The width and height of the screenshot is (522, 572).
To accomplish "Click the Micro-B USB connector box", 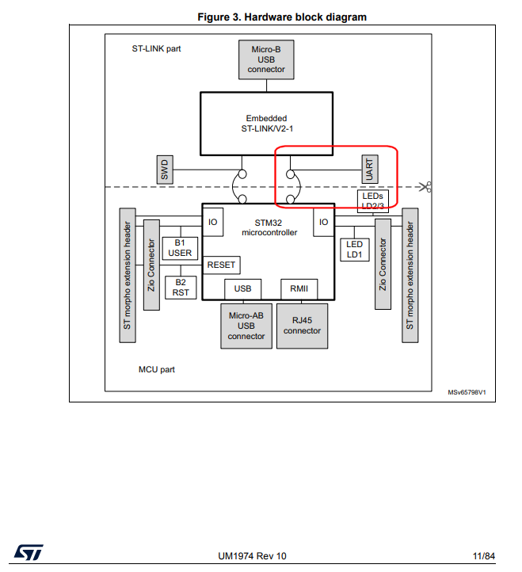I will pos(266,59).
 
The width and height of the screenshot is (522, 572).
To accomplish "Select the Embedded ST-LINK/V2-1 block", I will pos(266,123).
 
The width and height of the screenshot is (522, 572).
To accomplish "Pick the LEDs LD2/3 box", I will pos(372,201).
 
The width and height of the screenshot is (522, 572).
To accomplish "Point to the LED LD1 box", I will pos(354,249).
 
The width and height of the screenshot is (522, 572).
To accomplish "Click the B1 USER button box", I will pos(180,248).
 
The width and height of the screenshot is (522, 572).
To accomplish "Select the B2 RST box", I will pos(180,287).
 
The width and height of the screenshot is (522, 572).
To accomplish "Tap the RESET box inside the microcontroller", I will pos(222,265).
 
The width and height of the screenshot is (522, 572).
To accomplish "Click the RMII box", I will pos(299,289).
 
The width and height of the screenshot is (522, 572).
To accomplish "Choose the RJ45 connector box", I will pos(302,326).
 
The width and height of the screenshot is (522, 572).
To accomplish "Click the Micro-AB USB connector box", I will pos(246,326).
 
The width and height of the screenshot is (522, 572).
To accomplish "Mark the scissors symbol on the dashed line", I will pos(426,187).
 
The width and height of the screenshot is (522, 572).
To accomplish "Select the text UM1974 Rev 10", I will pos(252,555).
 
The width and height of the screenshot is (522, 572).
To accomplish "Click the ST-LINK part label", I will pos(156,48).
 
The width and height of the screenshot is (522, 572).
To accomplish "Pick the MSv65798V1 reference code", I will pos(467,391).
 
